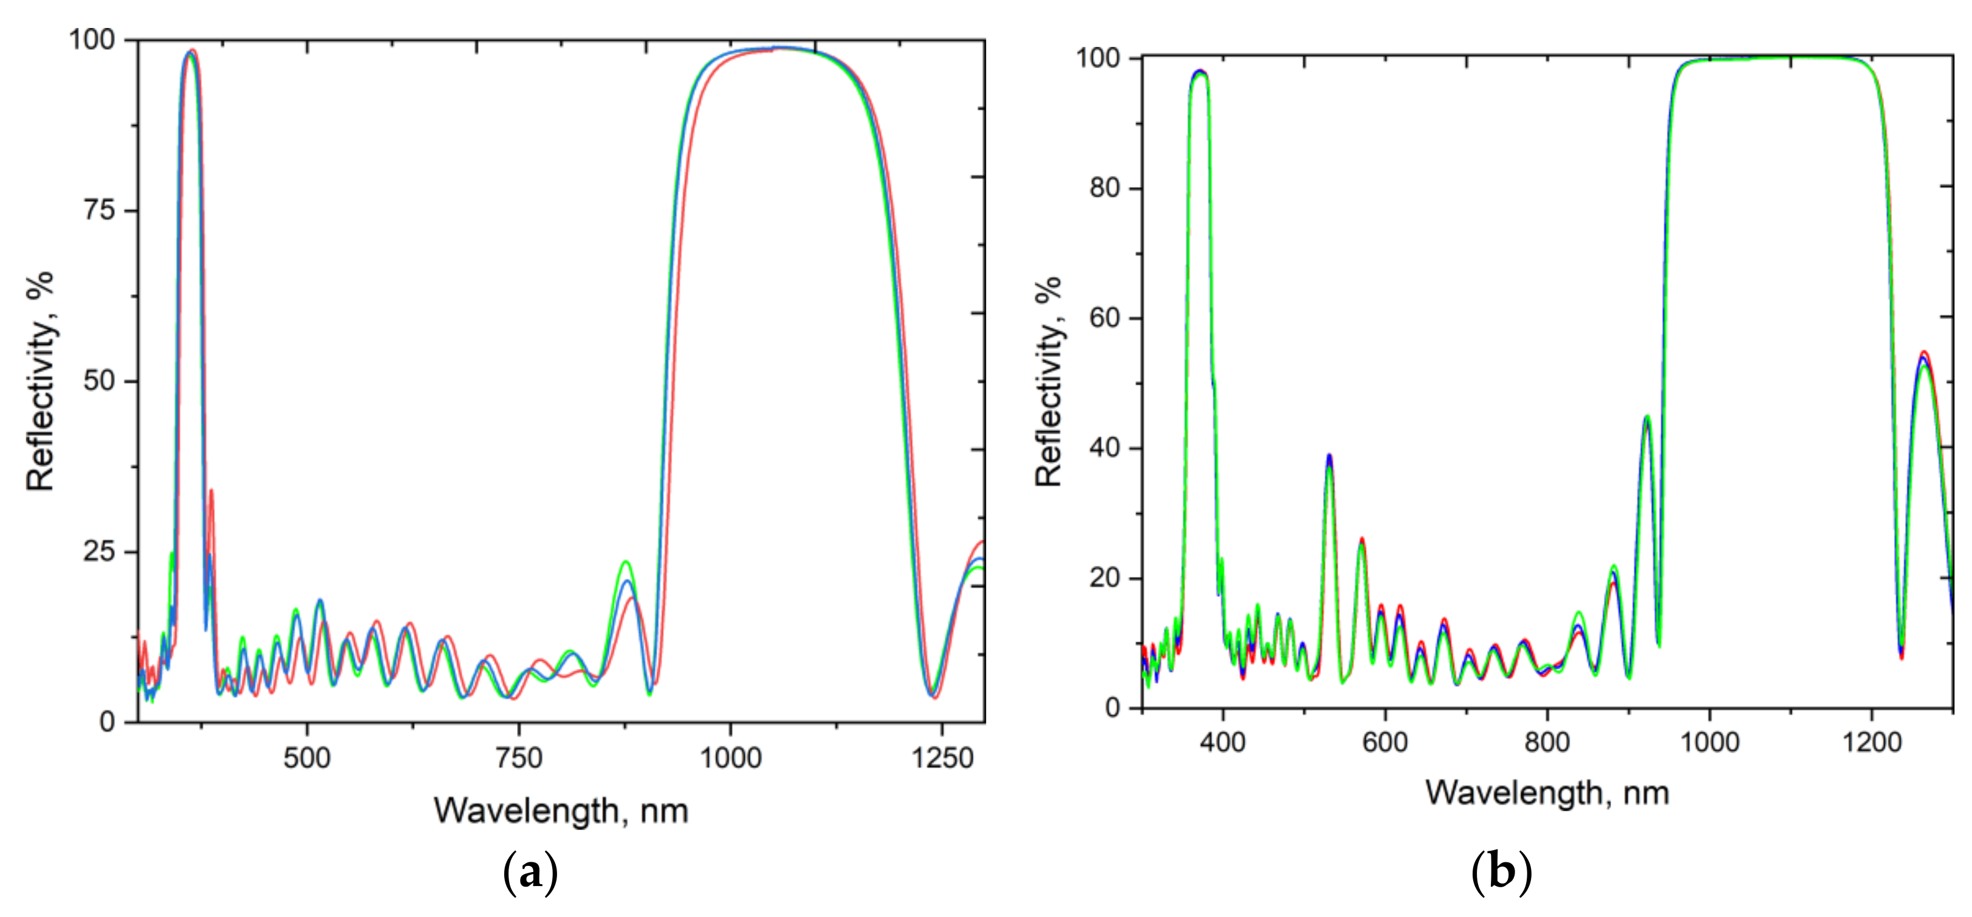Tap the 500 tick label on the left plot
tap(306, 758)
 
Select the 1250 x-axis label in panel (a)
tap(942, 758)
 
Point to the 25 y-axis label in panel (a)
tap(99, 551)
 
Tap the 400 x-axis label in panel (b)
tap(1222, 741)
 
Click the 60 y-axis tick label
tap(1104, 318)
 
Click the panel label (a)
tap(530, 872)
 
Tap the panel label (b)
tap(1501, 872)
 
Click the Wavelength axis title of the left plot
tap(561, 811)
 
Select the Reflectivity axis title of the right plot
tap(1049, 382)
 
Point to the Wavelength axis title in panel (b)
tap(1546, 793)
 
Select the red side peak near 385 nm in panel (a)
tap(211, 491)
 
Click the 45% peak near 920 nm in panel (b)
tap(1646, 417)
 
